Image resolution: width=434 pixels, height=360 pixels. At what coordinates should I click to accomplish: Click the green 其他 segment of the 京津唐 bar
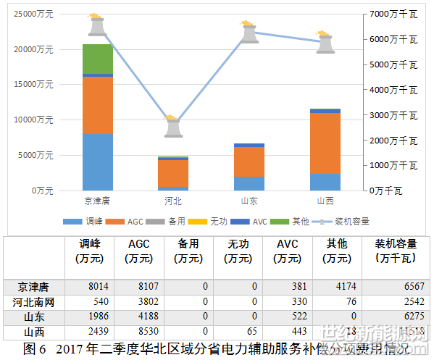click(x=97, y=59)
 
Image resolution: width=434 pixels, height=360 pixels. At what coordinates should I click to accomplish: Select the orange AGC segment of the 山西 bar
click(x=325, y=143)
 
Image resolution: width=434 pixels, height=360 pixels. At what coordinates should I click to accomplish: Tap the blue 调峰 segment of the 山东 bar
click(x=249, y=183)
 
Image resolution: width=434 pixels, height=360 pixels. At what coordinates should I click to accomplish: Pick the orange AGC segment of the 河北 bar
click(x=173, y=173)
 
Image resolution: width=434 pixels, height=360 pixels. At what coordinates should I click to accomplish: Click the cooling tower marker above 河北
click(x=173, y=126)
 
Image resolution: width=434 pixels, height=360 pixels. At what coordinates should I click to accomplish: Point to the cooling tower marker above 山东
click(x=249, y=32)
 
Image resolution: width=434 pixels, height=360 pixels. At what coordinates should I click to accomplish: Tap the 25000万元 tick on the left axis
click(x=34, y=14)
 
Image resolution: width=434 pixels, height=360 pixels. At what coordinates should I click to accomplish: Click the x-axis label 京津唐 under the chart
click(x=97, y=201)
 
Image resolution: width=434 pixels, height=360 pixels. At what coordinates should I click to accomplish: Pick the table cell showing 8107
click(x=138, y=286)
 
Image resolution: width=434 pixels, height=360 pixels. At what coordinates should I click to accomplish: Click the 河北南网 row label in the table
click(x=34, y=301)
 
